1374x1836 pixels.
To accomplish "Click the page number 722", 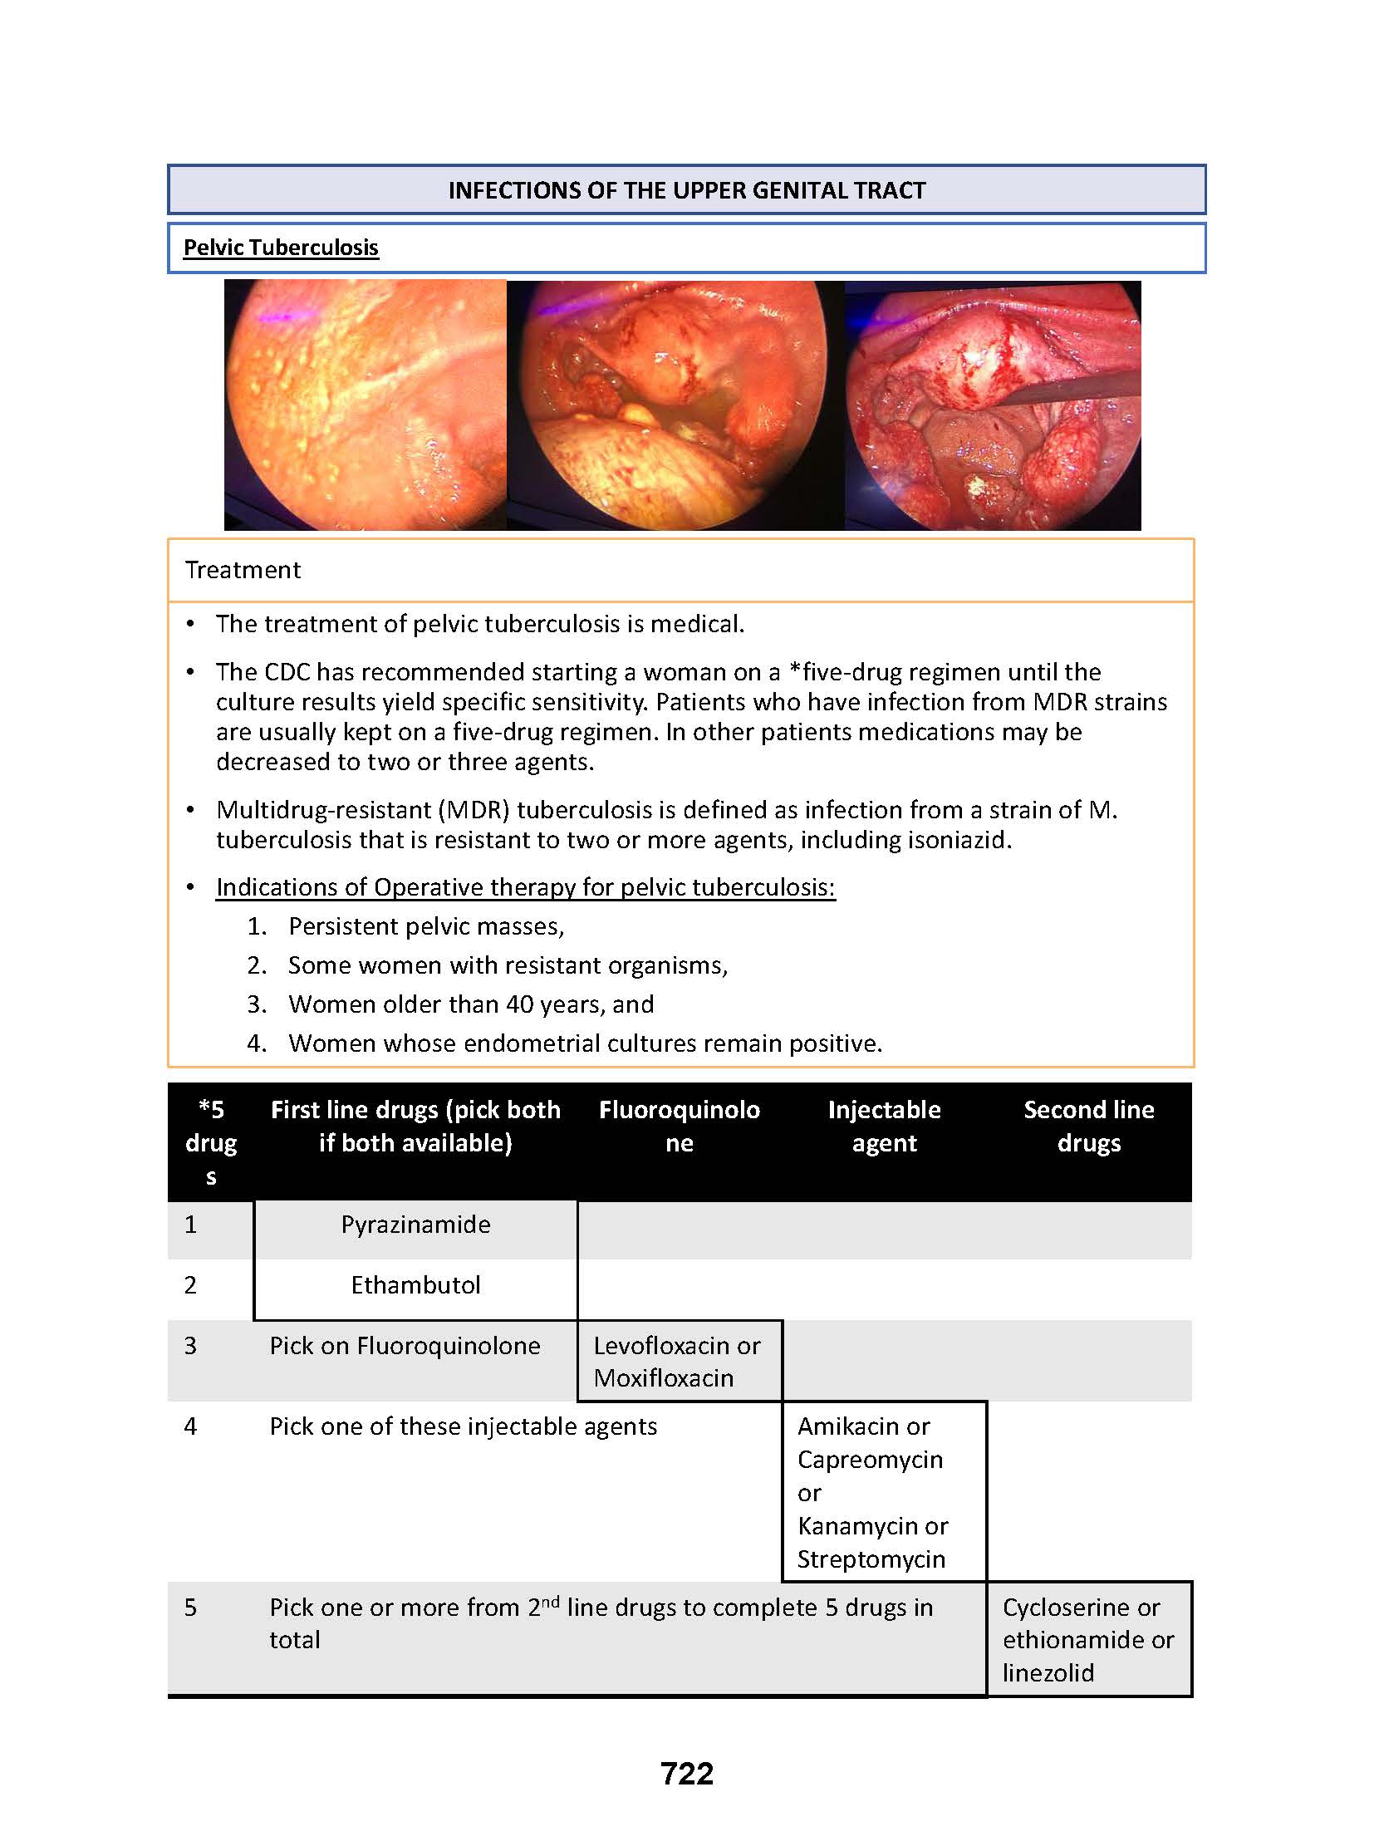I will click(x=686, y=1773).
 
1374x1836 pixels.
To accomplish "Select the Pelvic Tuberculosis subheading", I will click(x=281, y=248).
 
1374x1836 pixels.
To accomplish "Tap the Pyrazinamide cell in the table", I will click(x=415, y=1225).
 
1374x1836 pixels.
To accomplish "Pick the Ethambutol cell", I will click(x=415, y=1285).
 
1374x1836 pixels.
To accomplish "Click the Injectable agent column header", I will click(x=884, y=1127).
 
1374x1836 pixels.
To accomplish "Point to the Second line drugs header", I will click(x=1088, y=1127).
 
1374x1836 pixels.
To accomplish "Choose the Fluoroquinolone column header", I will click(x=679, y=1127).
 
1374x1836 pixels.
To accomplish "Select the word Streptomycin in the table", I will click(x=871, y=1559).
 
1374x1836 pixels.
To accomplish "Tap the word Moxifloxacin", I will click(x=663, y=1378).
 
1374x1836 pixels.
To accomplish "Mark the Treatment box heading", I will click(x=243, y=570).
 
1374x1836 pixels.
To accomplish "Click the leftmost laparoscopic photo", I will click(x=366, y=405).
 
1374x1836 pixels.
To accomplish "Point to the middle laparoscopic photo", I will click(x=675, y=405).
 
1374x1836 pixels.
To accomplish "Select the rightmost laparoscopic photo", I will click(x=993, y=405).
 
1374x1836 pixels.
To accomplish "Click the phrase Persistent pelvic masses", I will click(x=425, y=926).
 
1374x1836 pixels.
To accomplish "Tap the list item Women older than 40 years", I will click(x=470, y=1004).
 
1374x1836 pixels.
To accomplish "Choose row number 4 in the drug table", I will click(x=190, y=1426).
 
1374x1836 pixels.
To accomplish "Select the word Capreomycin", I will click(x=870, y=1460).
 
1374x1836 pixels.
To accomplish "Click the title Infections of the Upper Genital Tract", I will click(x=686, y=190).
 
